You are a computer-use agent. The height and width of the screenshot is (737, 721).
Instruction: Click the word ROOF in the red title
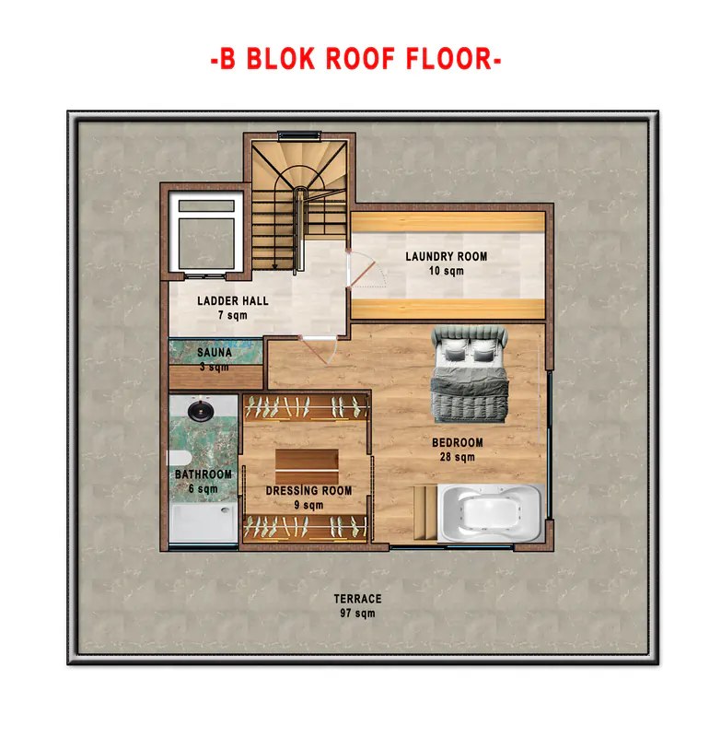click(360, 59)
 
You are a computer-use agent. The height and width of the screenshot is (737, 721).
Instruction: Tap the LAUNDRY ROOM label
click(447, 257)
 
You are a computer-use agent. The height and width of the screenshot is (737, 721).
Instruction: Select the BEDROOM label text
click(458, 443)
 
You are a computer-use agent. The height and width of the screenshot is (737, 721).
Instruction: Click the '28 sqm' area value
click(458, 457)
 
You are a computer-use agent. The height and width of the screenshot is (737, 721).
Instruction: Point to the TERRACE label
click(358, 599)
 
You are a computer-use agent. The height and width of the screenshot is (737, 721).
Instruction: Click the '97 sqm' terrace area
click(358, 614)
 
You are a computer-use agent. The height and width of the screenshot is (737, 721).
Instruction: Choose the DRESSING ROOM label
click(308, 491)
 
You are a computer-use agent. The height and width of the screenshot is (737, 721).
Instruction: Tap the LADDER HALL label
click(233, 301)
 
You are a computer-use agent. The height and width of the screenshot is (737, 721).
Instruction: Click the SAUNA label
click(215, 353)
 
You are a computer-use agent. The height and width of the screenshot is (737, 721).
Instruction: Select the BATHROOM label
click(204, 474)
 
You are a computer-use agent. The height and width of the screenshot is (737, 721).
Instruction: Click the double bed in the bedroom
click(470, 374)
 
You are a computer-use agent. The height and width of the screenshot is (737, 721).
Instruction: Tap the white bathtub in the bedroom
click(492, 512)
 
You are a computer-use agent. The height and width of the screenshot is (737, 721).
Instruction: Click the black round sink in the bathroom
click(201, 410)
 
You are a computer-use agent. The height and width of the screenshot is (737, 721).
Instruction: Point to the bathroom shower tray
click(204, 522)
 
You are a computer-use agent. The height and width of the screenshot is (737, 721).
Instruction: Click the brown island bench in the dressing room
click(307, 460)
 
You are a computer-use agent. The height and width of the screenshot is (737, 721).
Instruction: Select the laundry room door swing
click(366, 270)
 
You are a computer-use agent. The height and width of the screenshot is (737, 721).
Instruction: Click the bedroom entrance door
click(318, 349)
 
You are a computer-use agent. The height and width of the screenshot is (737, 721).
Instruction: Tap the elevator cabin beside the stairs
click(206, 233)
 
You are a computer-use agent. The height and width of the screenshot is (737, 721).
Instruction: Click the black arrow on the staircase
click(274, 265)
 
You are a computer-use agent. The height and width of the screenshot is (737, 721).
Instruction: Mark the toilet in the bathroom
click(179, 457)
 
